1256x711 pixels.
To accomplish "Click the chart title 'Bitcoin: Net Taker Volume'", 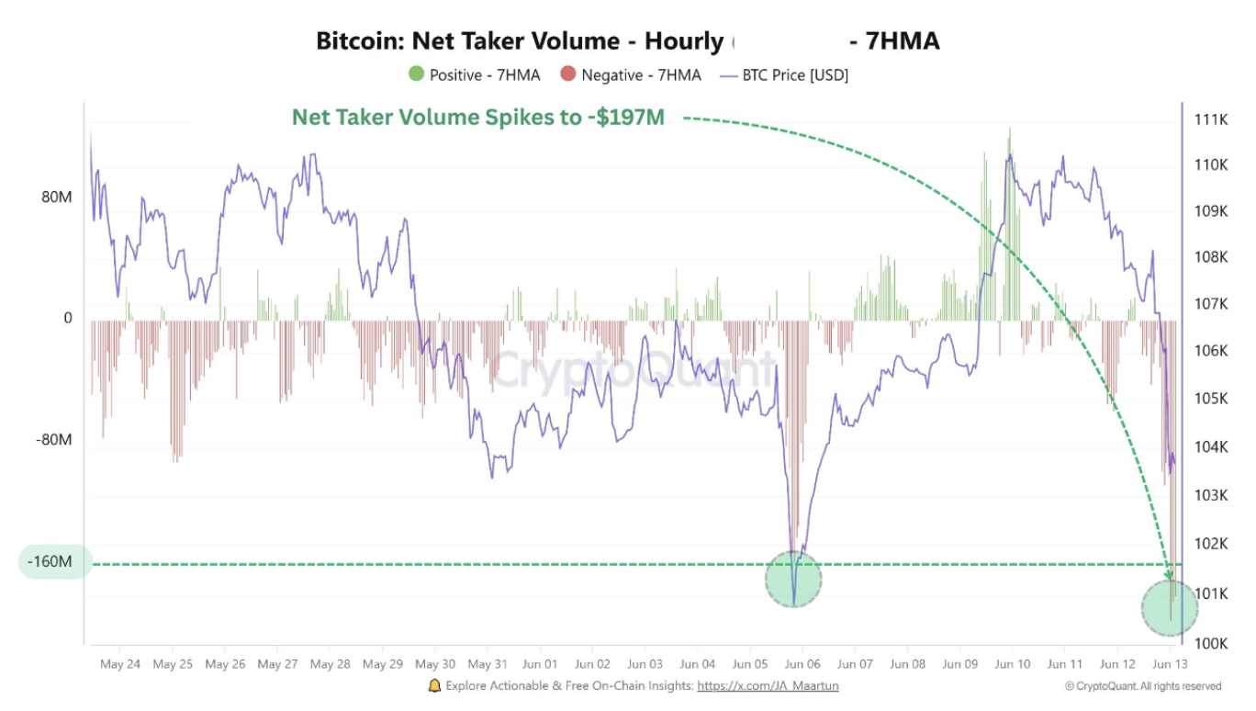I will (519, 41).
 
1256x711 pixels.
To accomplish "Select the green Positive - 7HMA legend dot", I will (417, 74).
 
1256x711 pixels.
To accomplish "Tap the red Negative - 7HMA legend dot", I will (568, 74).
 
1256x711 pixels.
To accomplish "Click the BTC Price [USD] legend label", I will (795, 74).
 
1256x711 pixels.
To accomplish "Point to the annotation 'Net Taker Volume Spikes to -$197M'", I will (477, 118).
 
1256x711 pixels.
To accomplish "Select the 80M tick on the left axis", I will (54, 197).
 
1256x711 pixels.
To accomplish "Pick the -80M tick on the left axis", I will (53, 439).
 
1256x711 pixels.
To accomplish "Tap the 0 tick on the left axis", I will (67, 319).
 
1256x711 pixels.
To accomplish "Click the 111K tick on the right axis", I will (1211, 119).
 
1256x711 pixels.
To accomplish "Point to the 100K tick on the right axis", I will (1211, 642).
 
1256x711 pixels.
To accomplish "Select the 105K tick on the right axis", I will (1211, 399).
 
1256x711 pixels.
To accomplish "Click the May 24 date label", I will (120, 663).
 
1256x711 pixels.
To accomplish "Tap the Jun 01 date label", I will (540, 663).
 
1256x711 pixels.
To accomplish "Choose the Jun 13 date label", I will (1170, 663).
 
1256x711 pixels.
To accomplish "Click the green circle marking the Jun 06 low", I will (793, 579).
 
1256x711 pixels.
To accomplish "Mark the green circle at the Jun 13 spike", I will (1170, 608).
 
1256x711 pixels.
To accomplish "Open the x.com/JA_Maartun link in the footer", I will (768, 685).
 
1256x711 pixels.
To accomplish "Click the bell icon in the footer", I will (434, 685).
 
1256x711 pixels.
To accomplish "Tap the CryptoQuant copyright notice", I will (1143, 685).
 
